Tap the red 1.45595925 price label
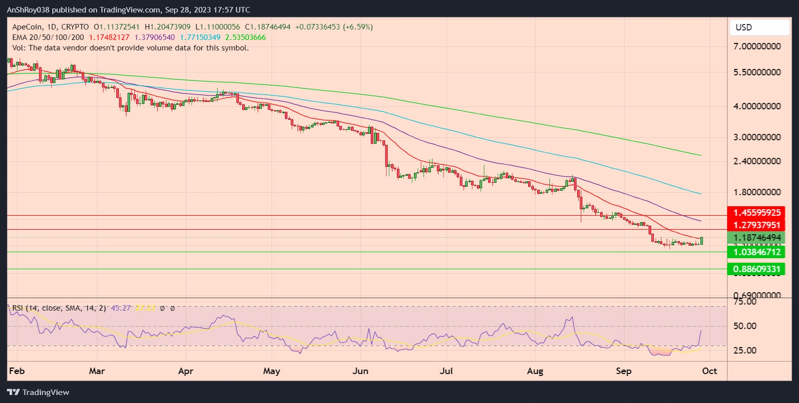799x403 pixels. pyautogui.click(x=757, y=213)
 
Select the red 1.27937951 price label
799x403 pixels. pyautogui.click(x=757, y=225)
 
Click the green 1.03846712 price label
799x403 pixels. pyautogui.click(x=757, y=252)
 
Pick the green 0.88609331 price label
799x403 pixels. pyautogui.click(x=757, y=269)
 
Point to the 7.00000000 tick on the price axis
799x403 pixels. pyautogui.click(x=757, y=46)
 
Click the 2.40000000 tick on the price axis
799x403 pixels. pyautogui.click(x=757, y=161)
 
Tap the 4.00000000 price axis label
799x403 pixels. pyautogui.click(x=757, y=106)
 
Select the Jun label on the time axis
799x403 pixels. pyautogui.click(x=360, y=371)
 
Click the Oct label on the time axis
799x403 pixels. pyautogui.click(x=709, y=371)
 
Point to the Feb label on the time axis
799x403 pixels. pyautogui.click(x=17, y=371)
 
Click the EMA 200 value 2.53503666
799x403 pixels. pyautogui.click(x=245, y=37)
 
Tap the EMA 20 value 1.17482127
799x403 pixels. pyautogui.click(x=109, y=37)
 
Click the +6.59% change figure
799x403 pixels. pyautogui.click(x=358, y=27)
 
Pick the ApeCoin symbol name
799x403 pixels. pyautogui.click(x=27, y=27)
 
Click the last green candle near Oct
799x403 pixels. pyautogui.click(x=702, y=241)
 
